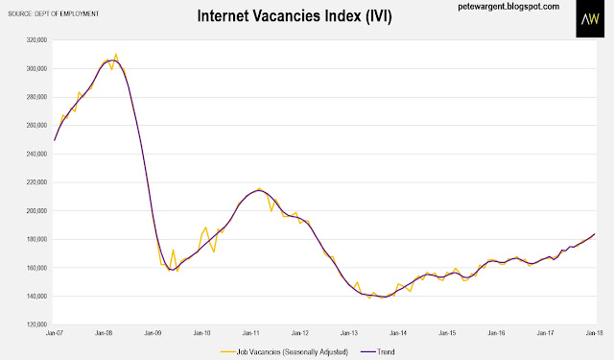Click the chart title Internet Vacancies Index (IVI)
[x=295, y=16]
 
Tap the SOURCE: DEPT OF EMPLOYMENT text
[x=54, y=13]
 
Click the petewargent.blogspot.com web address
[x=508, y=7]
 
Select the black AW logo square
[x=590, y=19]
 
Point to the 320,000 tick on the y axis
[x=36, y=40]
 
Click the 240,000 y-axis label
[x=36, y=154]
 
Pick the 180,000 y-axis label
[x=36, y=239]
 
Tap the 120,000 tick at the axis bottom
[x=36, y=324]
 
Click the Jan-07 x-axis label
[x=55, y=333]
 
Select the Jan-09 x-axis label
[x=153, y=333]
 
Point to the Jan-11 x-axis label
[x=251, y=333]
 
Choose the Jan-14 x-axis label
[x=398, y=333]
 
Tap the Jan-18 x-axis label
[x=594, y=333]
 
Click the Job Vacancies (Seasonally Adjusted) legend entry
[x=284, y=351]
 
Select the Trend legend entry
[x=377, y=351]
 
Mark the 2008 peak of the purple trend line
[x=111, y=60]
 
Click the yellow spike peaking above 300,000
[x=116, y=55]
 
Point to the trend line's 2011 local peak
[x=258, y=190]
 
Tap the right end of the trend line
[x=595, y=234]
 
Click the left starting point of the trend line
[x=55, y=140]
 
